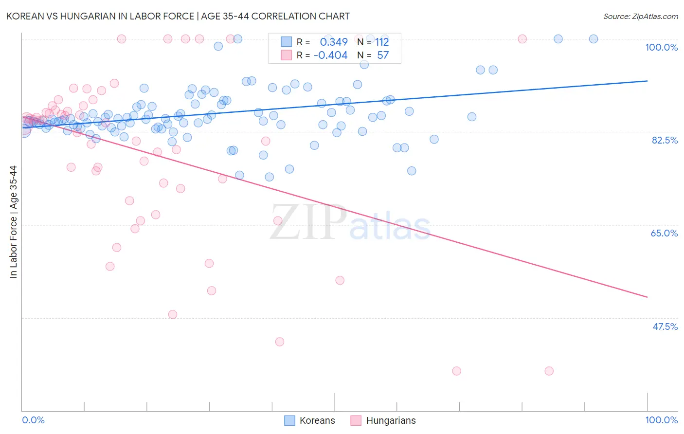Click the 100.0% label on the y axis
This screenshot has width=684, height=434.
point(661,47)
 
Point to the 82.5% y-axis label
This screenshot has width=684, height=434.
point(665,140)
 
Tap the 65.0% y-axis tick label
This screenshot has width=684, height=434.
point(664,233)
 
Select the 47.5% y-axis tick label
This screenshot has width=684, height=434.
point(665,326)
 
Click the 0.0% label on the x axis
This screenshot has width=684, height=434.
point(33,420)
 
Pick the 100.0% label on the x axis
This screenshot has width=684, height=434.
point(661,420)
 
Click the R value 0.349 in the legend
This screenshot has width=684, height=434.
point(334,42)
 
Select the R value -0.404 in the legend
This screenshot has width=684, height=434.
point(330,55)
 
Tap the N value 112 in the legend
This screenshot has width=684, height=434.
point(382,42)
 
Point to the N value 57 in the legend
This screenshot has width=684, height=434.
point(383,55)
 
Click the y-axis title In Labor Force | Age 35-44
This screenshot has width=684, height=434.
point(13,222)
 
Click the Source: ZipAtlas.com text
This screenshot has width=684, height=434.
point(640,17)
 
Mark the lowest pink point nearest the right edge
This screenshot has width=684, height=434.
point(549,371)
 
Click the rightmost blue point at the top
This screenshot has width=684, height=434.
point(593,39)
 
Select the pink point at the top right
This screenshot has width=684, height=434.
point(522,39)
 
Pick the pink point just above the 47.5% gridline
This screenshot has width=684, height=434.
point(172,314)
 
